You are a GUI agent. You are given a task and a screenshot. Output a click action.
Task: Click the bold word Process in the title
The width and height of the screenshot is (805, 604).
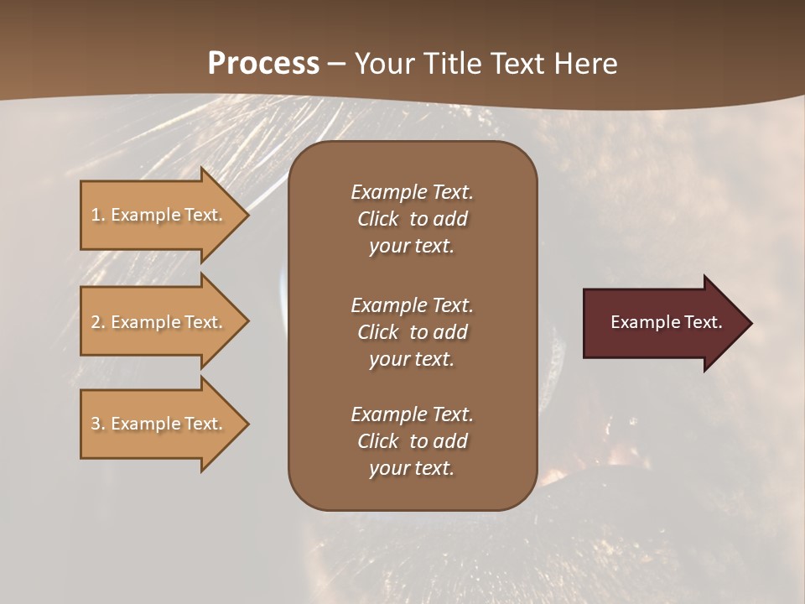point(263,63)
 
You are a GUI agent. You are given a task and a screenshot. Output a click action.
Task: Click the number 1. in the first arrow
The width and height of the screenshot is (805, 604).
point(98,215)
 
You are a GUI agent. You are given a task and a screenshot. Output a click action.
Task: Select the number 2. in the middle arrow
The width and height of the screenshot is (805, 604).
point(98,322)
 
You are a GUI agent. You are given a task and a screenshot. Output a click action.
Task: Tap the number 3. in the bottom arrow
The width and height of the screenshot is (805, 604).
point(98,424)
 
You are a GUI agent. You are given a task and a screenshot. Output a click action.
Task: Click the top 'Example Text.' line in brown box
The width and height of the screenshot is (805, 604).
point(412,192)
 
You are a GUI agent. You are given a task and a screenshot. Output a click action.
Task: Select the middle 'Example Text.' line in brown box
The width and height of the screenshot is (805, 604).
point(412,305)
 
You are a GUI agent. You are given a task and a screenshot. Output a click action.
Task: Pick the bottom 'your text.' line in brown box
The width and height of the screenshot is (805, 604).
point(412,468)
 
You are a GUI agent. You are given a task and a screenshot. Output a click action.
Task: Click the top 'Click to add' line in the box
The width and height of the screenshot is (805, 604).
point(412,219)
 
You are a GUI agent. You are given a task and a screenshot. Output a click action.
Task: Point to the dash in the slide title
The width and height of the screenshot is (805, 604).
point(337,63)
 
